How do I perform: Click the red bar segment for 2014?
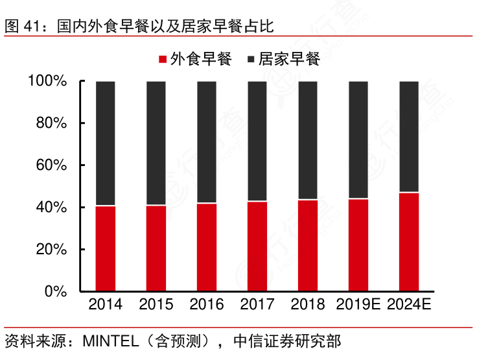(x=106, y=248)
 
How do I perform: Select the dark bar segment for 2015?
(x=156, y=143)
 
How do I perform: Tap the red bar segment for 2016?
(x=207, y=247)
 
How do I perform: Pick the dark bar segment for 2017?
(x=257, y=141)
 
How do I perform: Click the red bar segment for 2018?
(x=308, y=245)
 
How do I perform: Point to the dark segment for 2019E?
(x=358, y=139)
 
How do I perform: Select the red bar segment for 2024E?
(x=409, y=242)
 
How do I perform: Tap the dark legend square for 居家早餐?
(x=251, y=60)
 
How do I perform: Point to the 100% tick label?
(x=47, y=81)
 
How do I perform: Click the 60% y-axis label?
(x=51, y=165)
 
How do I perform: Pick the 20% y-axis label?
(x=51, y=249)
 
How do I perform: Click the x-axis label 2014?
(x=106, y=305)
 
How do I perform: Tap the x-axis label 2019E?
(x=358, y=305)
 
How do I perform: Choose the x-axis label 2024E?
(x=409, y=305)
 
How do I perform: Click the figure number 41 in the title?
(x=32, y=27)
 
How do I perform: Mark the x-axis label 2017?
(x=257, y=305)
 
